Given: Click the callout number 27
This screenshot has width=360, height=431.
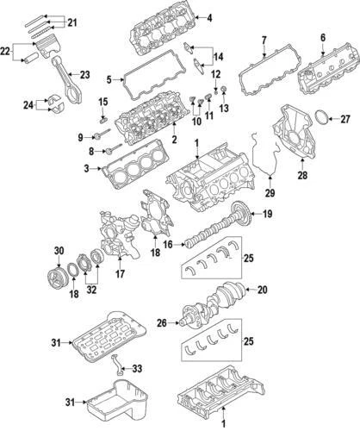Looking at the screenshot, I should [345, 119].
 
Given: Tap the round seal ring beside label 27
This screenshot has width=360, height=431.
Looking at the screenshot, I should [320, 119].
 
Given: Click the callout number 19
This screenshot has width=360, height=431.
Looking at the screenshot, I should [269, 215].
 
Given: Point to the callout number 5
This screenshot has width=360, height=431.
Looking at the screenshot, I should [108, 80].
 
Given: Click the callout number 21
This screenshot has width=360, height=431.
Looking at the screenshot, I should [71, 22].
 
